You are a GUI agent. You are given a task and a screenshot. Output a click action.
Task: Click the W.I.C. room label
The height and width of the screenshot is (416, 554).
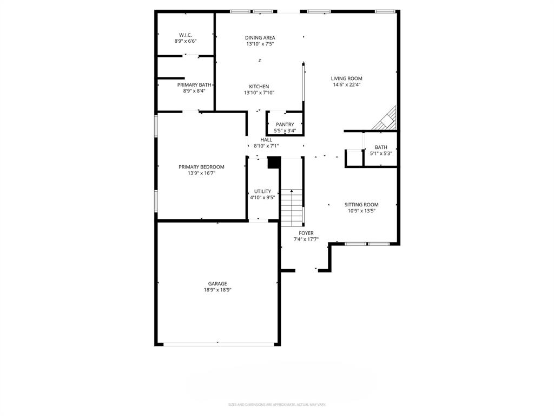click(186, 35)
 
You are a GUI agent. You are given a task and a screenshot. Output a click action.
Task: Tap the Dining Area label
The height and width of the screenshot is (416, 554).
click(260, 37)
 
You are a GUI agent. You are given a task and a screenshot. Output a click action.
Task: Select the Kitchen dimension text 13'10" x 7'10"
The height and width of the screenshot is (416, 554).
click(259, 93)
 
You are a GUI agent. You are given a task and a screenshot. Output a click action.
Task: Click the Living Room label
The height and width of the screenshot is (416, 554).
click(347, 79)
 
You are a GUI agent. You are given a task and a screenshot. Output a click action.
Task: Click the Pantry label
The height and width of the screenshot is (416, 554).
click(285, 125)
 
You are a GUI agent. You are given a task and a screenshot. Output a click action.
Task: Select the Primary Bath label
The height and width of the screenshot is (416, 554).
click(194, 84)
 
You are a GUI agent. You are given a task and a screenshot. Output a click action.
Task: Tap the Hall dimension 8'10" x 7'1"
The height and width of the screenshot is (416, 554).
click(266, 146)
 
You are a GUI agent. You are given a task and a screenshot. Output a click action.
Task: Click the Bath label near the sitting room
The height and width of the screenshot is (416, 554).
click(381, 147)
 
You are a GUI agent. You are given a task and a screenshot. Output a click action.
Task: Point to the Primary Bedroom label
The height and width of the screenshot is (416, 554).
click(201, 167)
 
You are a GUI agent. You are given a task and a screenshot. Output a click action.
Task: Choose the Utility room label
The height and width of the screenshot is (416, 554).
click(262, 191)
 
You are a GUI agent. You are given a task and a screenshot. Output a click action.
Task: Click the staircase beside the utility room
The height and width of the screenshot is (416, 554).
click(292, 207)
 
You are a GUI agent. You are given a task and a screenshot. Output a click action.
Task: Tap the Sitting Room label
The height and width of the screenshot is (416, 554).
click(361, 205)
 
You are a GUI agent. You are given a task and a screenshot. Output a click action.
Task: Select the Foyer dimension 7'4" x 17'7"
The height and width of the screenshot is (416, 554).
click(306, 239)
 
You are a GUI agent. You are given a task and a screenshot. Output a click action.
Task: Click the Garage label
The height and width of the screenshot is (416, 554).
click(217, 283)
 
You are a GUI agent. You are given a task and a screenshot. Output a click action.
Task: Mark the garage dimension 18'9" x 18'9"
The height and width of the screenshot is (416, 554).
click(217, 290)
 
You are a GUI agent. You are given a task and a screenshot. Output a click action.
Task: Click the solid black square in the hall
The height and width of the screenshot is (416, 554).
click(273, 162)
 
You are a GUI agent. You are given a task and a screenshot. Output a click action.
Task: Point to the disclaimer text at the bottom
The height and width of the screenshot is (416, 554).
click(277, 405)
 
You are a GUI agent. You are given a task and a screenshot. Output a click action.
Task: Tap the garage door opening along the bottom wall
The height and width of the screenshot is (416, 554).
click(217, 344)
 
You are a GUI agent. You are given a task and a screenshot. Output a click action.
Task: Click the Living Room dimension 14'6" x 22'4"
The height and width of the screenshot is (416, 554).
click(347, 84)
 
